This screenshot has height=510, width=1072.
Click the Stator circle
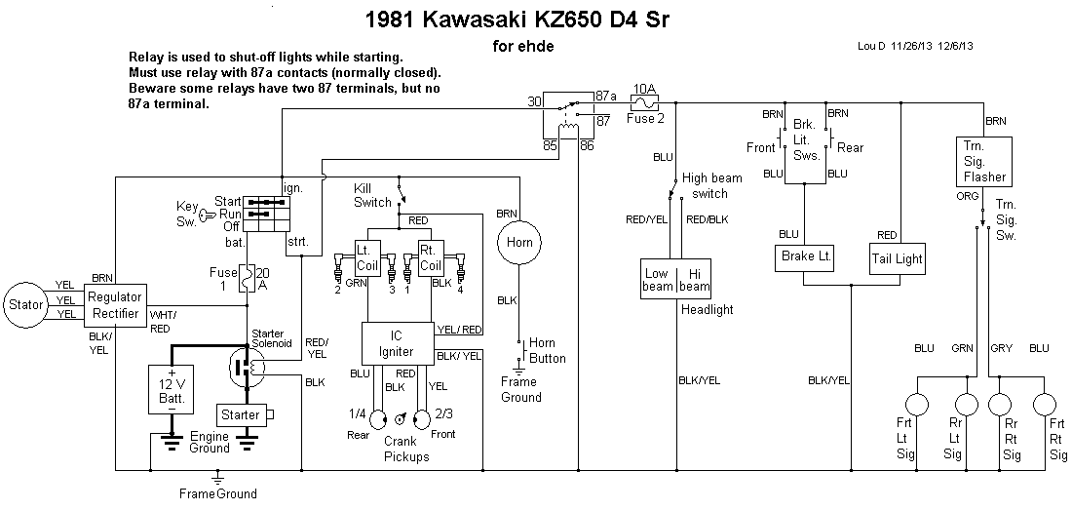click(25, 303)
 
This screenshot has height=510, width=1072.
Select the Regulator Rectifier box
click(115, 304)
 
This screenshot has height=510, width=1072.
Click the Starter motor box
click(241, 414)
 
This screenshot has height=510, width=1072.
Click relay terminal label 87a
click(606, 96)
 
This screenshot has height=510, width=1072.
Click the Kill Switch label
click(372, 194)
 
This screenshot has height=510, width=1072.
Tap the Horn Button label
click(548, 350)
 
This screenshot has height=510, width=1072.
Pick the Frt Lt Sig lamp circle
click(916, 404)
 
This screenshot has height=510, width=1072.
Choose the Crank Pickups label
click(405, 449)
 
